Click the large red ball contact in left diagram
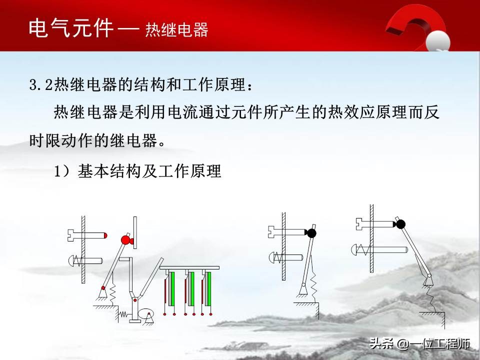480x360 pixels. click(x=125, y=240)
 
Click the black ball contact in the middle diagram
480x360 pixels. click(x=312, y=233)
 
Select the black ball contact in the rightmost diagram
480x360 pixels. click(x=400, y=224)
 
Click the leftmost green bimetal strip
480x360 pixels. click(x=173, y=288)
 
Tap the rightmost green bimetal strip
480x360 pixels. click(x=209, y=288)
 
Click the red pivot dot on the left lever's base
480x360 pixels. click(x=103, y=288)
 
